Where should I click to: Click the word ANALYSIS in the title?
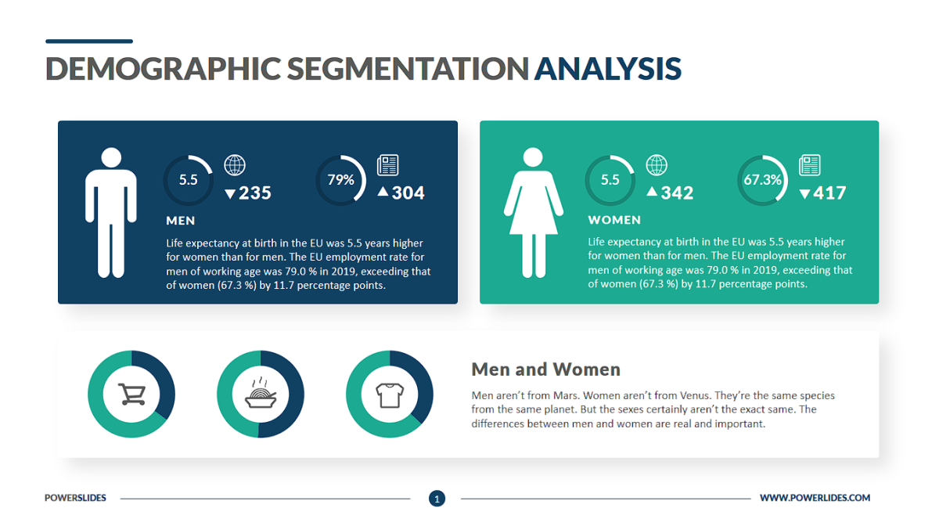point(607,69)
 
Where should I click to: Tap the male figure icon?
point(111,212)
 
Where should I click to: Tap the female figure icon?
point(533,212)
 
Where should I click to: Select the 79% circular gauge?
point(340,180)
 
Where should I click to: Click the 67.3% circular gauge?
point(762,180)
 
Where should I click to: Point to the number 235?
point(254,193)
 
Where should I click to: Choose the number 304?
point(408,193)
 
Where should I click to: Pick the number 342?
point(677,193)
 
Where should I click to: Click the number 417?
point(829,193)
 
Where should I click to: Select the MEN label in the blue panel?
point(181,221)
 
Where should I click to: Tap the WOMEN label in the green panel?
point(614,221)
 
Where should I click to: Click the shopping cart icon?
point(131,394)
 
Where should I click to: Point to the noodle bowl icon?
point(260,394)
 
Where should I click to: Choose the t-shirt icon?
point(389,394)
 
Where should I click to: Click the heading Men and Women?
point(545,369)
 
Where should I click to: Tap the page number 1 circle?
point(437,498)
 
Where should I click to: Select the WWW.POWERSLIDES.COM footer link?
point(815,498)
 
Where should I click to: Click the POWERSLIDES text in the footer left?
point(75,498)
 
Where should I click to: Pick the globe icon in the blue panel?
point(235,165)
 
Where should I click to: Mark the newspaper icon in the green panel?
point(809,165)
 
